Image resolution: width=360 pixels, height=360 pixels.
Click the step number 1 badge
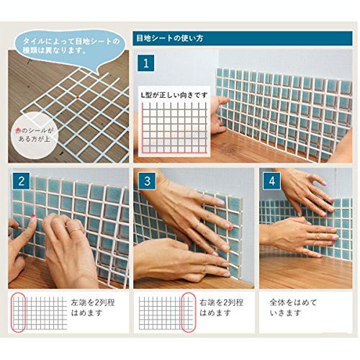(145, 63)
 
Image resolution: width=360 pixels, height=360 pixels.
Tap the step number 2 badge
(22, 181)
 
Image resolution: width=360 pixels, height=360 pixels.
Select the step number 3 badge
(147, 181)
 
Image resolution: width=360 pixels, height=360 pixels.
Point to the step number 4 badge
(272, 181)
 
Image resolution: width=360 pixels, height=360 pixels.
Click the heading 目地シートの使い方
(170, 38)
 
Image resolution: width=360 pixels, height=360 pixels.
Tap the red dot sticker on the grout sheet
(78, 97)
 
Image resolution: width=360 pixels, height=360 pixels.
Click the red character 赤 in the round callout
(18, 130)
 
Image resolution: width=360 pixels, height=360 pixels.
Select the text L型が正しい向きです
(174, 95)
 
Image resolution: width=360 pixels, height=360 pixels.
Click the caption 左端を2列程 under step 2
(93, 302)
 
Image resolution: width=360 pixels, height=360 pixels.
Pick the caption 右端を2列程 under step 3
(221, 302)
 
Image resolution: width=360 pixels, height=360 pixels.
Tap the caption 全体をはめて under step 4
(293, 302)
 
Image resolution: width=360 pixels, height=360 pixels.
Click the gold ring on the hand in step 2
(75, 230)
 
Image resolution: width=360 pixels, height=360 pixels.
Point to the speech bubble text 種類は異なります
(54, 50)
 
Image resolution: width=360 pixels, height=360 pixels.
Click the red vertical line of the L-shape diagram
(143, 127)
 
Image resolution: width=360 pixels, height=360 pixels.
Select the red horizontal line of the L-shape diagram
(174, 152)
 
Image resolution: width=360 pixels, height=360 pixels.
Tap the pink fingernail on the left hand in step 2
(32, 217)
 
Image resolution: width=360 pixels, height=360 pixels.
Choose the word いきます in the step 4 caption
(285, 313)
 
